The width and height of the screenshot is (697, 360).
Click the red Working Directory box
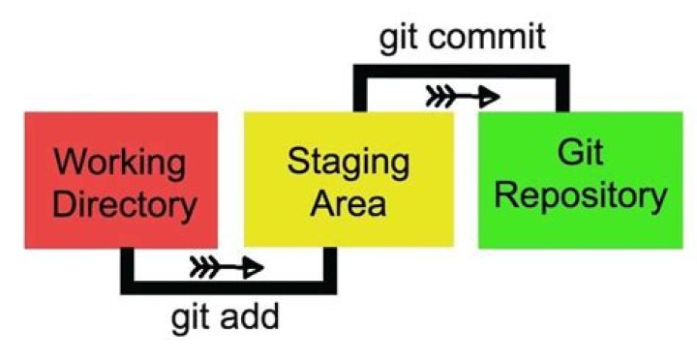tap(119, 178)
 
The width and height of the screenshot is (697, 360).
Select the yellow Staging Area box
tap(348, 178)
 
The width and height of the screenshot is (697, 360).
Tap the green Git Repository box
tap(581, 179)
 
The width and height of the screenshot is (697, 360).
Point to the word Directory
tap(119, 203)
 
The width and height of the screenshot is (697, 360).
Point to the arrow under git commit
tap(462, 96)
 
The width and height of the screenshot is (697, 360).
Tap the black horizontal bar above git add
tap(228, 287)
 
